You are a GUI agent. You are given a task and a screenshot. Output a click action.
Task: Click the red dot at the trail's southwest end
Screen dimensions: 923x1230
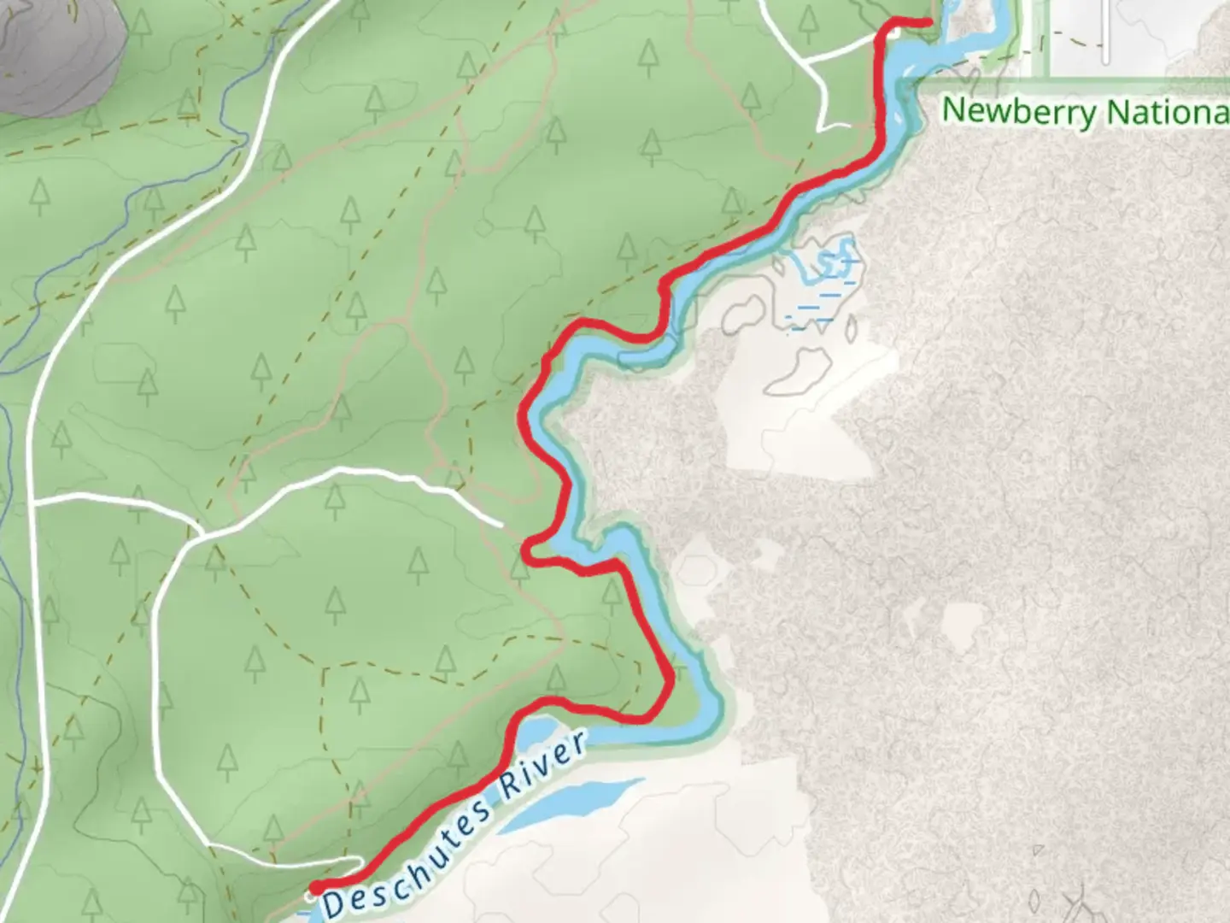pyautogui.click(x=316, y=888)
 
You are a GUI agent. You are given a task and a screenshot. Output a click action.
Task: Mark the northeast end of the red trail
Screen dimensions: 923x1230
pyautogui.click(x=928, y=21)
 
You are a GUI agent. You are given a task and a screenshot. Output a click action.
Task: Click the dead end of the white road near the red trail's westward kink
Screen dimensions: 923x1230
pyautogui.click(x=499, y=523)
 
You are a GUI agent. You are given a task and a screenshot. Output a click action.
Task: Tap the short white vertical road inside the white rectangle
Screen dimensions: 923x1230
pyautogui.click(x=1106, y=32)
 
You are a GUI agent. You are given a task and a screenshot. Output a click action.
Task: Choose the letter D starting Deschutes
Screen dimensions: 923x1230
pyautogui.click(x=335, y=902)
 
